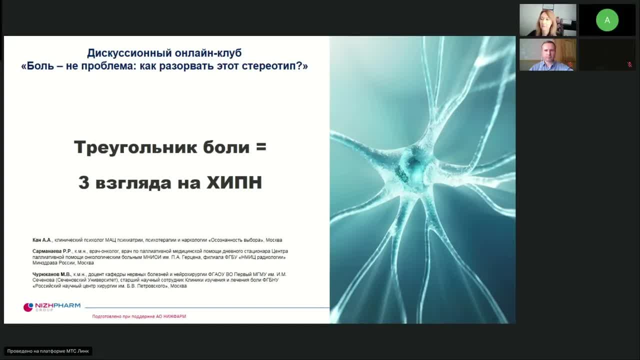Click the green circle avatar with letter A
[x=607, y=20]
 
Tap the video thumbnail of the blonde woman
[x=547, y=20]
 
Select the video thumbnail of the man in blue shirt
[x=547, y=54]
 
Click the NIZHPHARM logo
[x=52, y=306]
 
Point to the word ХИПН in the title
[x=234, y=182]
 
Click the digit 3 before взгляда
[x=83, y=182]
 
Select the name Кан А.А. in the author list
[x=42, y=240]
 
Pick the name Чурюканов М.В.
[x=52, y=274]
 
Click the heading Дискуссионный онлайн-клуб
[x=164, y=53]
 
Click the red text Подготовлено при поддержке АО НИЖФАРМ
[x=139, y=316]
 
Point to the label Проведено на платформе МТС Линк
[x=48, y=351]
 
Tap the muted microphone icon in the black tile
[x=629, y=64]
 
